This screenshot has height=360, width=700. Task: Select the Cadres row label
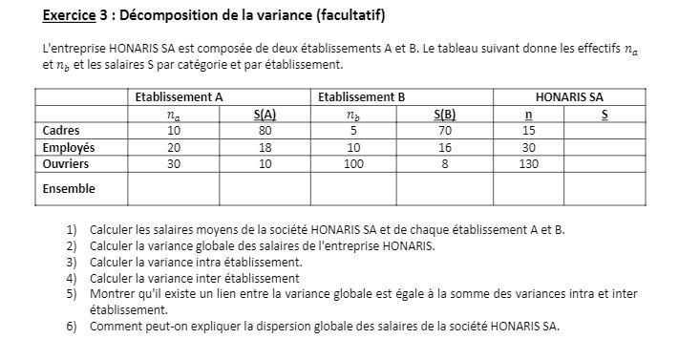click(61, 131)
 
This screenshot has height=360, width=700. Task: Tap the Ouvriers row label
click(66, 163)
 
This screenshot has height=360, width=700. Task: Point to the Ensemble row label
click(69, 188)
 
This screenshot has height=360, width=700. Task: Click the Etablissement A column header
click(179, 97)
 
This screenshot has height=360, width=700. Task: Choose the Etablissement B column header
click(361, 97)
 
